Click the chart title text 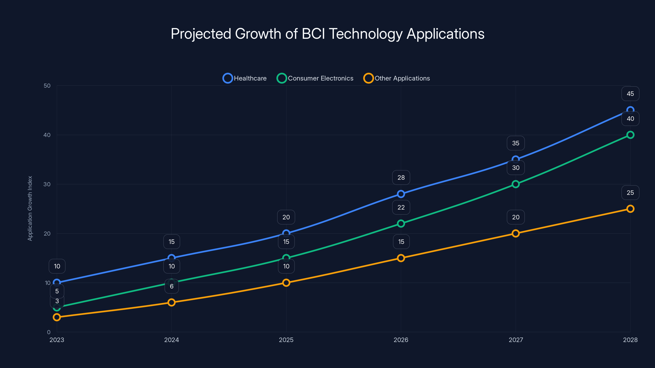[x=327, y=34]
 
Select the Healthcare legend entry [x=245, y=78]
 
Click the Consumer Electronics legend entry [x=315, y=78]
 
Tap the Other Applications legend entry [x=397, y=78]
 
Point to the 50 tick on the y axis [x=47, y=86]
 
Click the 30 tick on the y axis [x=47, y=184]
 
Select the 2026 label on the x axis [x=401, y=340]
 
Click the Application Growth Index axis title [x=30, y=208]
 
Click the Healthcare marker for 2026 [x=401, y=194]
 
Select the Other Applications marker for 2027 [x=515, y=233]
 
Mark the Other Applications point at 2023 [x=57, y=317]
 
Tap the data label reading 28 [x=401, y=177]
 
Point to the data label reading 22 [x=401, y=207]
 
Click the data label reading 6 [x=172, y=286]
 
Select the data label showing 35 [x=515, y=143]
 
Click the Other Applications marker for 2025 [x=286, y=283]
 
